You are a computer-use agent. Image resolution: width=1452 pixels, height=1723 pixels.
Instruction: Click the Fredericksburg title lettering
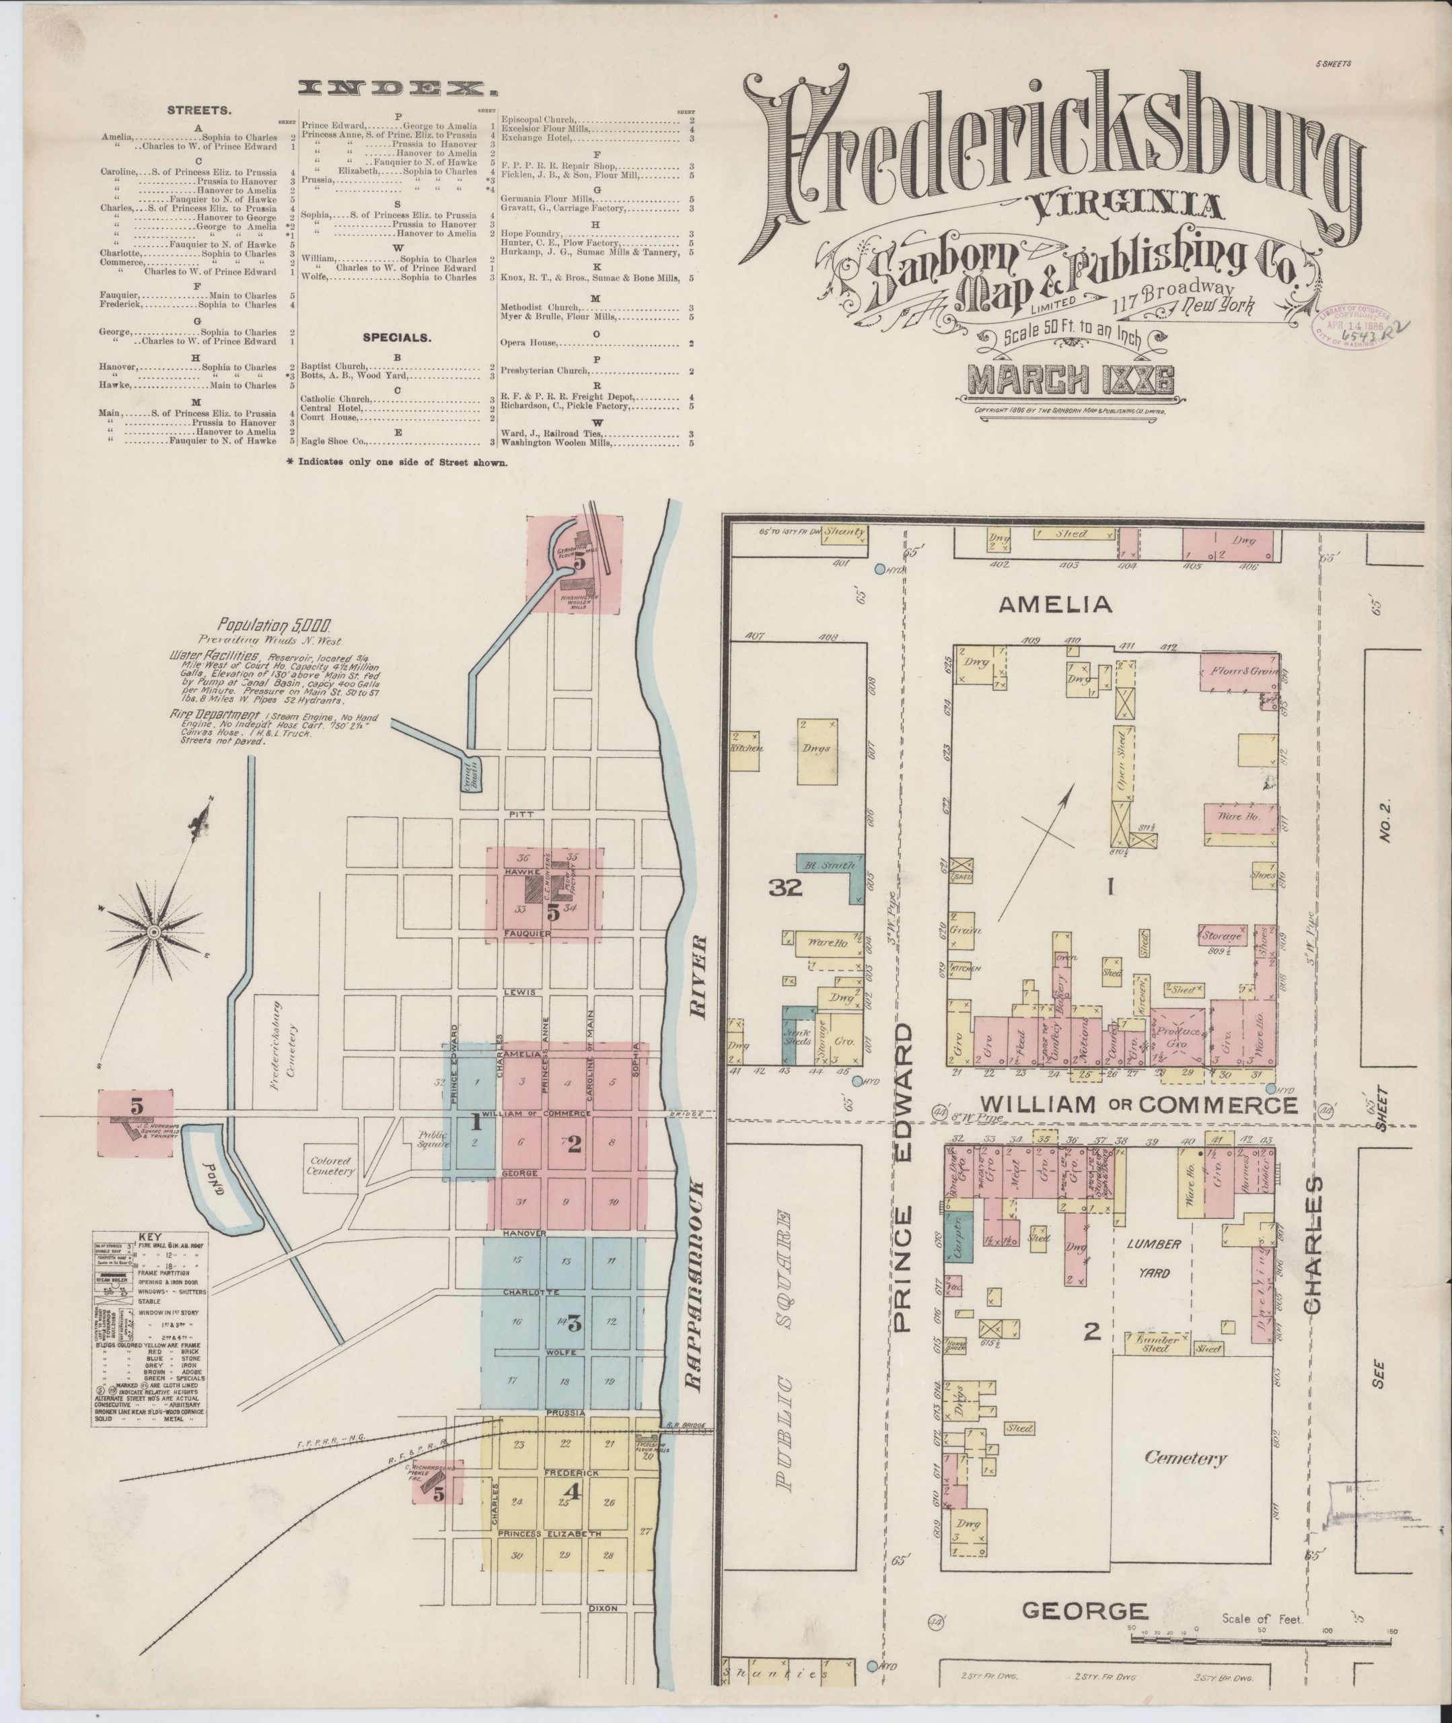click(1054, 156)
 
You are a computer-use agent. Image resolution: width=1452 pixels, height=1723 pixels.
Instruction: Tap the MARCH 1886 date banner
click(1070, 380)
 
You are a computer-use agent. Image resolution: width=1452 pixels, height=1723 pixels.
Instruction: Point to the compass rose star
click(154, 931)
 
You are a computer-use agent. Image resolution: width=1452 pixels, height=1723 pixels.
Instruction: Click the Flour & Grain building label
click(1241, 671)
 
